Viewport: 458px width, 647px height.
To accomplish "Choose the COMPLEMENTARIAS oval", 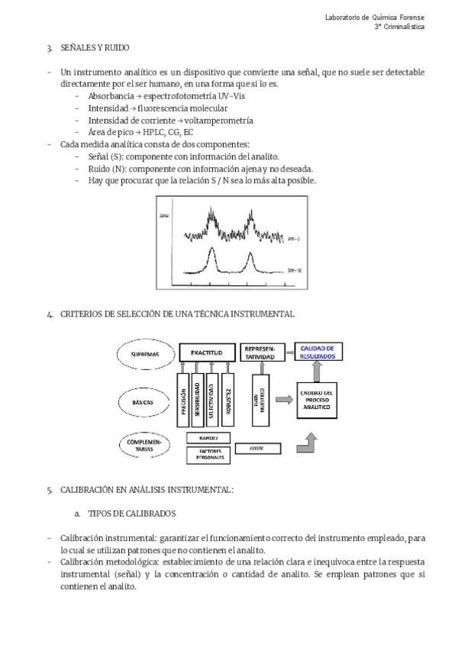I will click(x=144, y=445).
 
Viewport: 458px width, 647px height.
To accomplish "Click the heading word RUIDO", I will click(x=108, y=48).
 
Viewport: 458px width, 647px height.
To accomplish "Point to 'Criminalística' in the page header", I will click(x=405, y=27).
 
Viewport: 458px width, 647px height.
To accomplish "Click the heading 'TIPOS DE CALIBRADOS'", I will click(x=132, y=513).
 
